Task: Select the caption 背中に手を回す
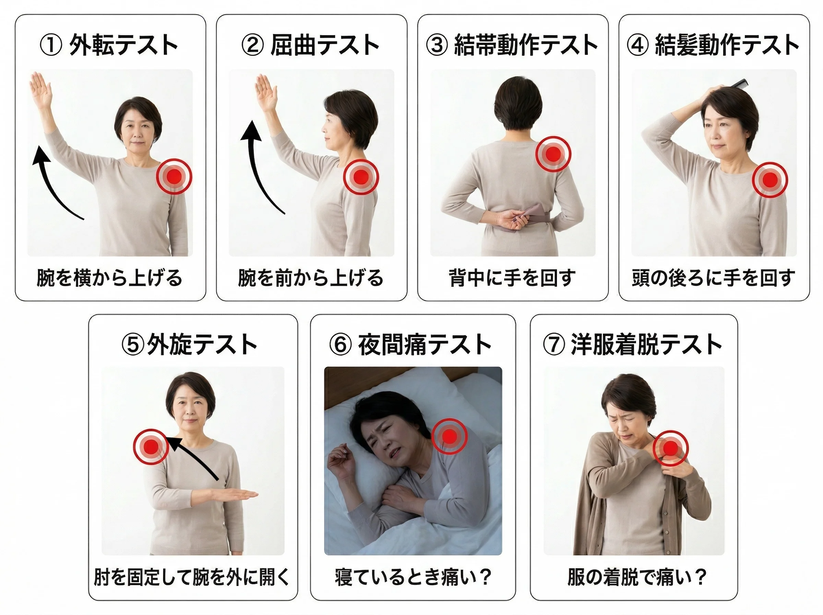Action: (512, 278)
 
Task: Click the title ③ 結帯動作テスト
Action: (512, 45)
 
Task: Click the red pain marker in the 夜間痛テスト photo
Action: (450, 436)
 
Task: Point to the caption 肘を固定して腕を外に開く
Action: (192, 577)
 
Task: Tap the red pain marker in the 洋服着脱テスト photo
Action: (670, 448)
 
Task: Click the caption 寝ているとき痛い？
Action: (413, 577)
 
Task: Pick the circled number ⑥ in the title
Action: (340, 344)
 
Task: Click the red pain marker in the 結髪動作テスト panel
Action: (770, 180)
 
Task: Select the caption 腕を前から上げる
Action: (311, 278)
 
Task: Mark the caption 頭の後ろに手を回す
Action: (713, 278)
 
